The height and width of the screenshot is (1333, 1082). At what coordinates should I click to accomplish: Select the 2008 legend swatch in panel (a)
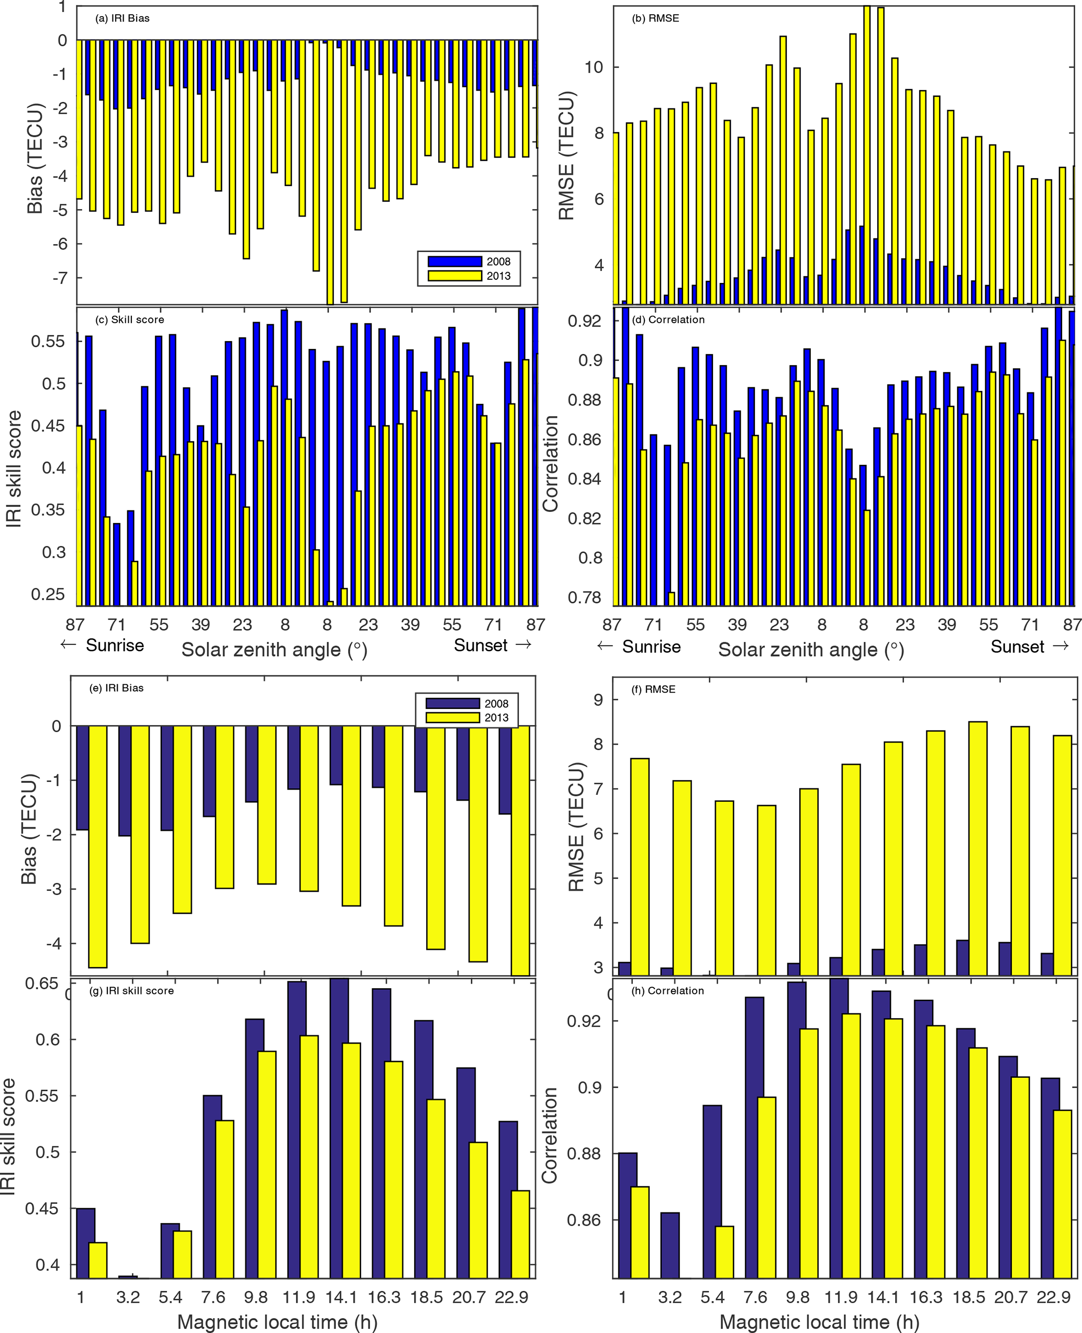pos(454,261)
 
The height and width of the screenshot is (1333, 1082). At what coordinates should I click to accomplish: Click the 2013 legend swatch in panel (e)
pos(452,717)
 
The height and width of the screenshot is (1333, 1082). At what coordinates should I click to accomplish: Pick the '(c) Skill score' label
pos(130,320)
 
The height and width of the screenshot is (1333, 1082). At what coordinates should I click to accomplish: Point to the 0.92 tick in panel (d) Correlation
pos(584,321)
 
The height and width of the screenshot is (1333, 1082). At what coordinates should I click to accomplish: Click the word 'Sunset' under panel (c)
pos(480,646)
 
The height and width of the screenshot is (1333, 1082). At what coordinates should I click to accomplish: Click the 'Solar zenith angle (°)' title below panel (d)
pos(811,650)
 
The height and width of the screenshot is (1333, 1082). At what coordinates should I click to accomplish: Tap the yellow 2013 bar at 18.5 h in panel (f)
pos(978,848)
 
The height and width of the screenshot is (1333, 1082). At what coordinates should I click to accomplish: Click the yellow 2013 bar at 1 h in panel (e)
pos(98,846)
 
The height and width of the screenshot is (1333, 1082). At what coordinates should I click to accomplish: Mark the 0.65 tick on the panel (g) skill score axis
pos(42,984)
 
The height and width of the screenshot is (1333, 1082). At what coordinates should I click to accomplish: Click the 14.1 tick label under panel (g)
pos(341,1297)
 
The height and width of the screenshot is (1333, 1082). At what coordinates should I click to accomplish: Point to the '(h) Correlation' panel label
pos(667,990)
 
